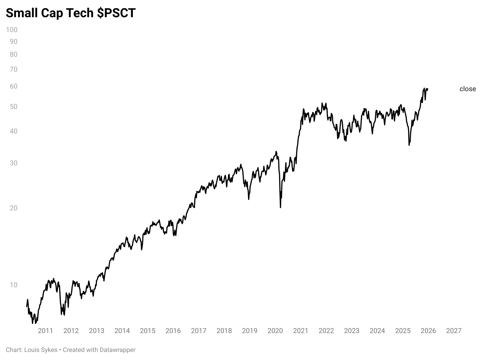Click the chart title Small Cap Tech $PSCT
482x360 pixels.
pyautogui.click(x=71, y=13)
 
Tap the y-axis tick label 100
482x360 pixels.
pyautogui.click(x=12, y=30)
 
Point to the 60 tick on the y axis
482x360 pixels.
pyautogui.click(x=13, y=86)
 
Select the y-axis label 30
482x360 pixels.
pyautogui.click(x=13, y=163)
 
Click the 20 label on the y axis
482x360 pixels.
pyautogui.click(x=13, y=208)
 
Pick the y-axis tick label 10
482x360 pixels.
pyautogui.click(x=13, y=285)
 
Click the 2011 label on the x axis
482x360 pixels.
pyautogui.click(x=45, y=331)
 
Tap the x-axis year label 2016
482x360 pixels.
pyautogui.click(x=173, y=331)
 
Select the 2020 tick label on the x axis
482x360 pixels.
pyautogui.click(x=275, y=331)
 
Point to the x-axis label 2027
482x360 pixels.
pyautogui.click(x=454, y=331)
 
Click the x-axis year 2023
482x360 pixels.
pyautogui.click(x=351, y=331)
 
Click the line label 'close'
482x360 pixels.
pyautogui.click(x=467, y=89)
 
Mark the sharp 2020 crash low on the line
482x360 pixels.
pyautogui.click(x=280, y=207)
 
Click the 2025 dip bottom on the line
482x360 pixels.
pyautogui.click(x=409, y=145)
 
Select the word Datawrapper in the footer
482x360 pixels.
pyautogui.click(x=117, y=350)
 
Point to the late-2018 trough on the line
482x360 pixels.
pyautogui.click(x=248, y=199)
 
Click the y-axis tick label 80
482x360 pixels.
pyautogui.click(x=13, y=54)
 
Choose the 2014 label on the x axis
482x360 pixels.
pyautogui.click(x=122, y=331)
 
